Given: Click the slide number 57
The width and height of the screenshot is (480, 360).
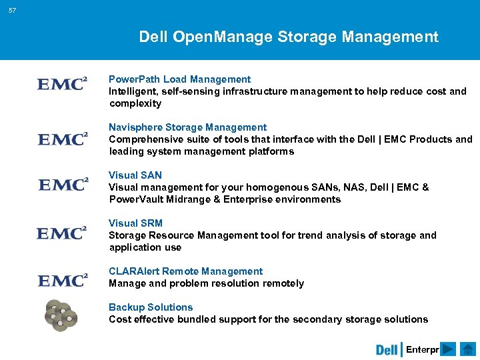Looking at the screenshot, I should coord(13,11).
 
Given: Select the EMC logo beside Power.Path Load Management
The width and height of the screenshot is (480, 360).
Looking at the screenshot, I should coord(62,85).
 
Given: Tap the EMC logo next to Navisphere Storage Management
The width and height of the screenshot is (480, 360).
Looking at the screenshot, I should coord(62,139).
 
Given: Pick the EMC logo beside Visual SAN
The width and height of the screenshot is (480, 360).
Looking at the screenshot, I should coord(63,185).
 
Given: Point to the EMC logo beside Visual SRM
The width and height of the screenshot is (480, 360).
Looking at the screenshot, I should coord(61,233).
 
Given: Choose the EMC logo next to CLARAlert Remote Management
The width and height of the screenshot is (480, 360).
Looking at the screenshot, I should coord(62,281).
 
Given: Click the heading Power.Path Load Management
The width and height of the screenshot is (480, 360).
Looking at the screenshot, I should coord(180,79).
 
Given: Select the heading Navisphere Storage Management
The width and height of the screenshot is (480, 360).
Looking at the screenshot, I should coord(187,127).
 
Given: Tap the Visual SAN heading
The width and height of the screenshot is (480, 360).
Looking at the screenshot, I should coord(135,175).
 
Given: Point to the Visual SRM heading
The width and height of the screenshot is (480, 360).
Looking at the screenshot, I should coord(135,223).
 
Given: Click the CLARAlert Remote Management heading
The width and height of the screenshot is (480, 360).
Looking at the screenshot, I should coord(185,271).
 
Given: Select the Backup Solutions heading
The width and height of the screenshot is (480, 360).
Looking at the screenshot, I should coord(151,307).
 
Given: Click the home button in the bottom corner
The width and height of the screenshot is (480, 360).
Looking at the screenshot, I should coord(467,349).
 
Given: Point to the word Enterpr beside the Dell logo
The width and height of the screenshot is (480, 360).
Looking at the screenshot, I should coord(422,349).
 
